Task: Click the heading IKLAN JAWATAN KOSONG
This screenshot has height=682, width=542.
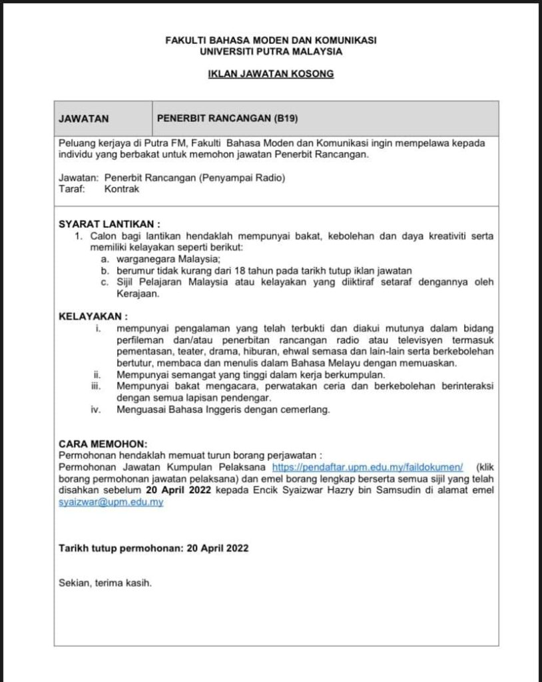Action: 270,74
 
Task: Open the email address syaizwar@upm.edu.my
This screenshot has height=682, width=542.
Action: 111,503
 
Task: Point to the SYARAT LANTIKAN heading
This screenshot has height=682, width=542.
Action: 109,224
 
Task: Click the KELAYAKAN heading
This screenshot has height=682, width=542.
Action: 93,315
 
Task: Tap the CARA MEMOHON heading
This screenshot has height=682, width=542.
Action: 103,443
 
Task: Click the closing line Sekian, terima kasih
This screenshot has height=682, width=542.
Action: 105,583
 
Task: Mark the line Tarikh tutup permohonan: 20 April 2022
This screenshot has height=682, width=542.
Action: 154,549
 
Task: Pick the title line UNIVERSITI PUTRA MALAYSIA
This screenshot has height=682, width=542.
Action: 270,51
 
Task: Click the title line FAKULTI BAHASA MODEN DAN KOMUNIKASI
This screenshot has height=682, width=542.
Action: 270,40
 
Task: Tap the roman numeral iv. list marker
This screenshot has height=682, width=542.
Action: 96,410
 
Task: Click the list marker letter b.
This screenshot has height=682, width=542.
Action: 105,270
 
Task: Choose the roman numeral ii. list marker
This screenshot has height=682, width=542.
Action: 97,376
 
